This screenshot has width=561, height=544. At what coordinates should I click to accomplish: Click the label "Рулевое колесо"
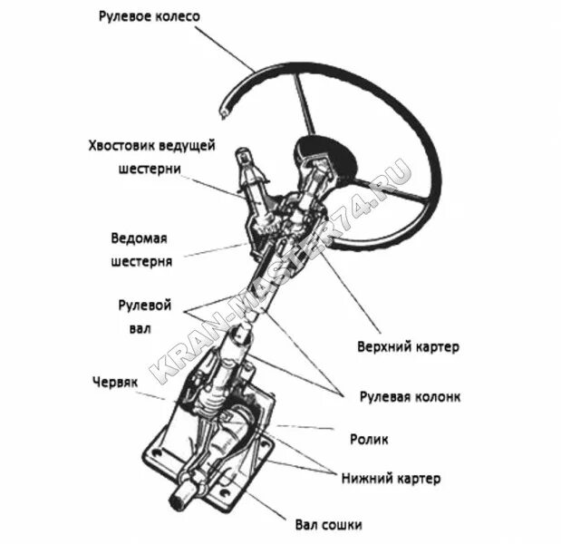(150, 16)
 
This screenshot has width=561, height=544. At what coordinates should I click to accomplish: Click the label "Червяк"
(113, 383)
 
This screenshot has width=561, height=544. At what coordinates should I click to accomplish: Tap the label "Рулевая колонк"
(410, 396)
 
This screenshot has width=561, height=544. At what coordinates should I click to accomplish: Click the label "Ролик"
(369, 440)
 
